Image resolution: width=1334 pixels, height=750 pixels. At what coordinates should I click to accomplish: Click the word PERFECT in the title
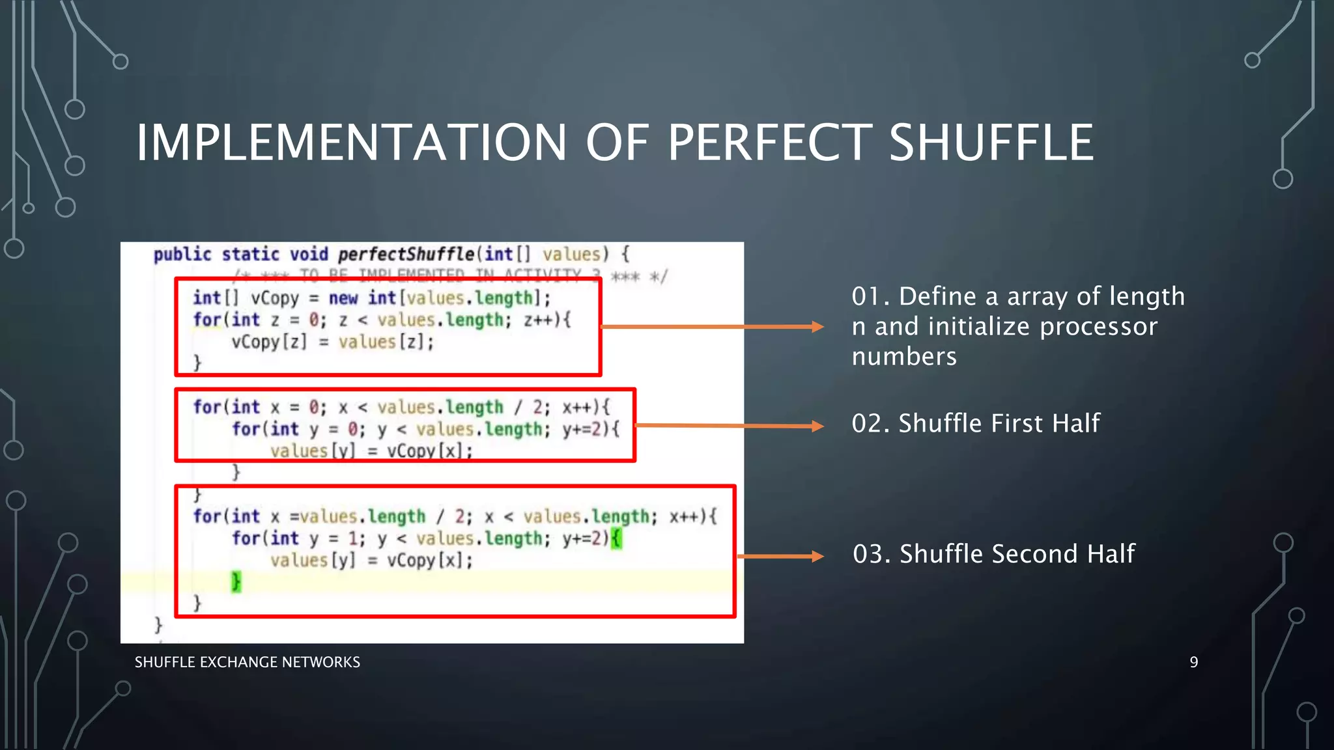pos(769,143)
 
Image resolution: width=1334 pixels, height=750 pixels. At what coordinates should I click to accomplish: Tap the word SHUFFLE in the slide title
pos(991,143)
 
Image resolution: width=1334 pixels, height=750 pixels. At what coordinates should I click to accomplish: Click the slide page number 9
pos(1193,662)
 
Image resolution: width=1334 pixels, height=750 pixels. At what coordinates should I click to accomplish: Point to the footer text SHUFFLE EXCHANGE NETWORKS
pos(247,662)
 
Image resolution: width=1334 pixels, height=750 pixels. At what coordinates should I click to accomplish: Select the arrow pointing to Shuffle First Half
pos(729,426)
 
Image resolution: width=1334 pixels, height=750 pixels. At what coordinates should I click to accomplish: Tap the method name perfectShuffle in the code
pos(406,254)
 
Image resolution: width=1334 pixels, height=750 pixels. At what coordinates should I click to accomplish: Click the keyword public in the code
pos(182,254)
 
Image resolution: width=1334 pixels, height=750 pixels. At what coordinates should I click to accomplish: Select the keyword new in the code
pos(343,298)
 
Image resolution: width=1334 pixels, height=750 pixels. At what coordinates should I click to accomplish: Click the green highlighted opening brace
pos(616,538)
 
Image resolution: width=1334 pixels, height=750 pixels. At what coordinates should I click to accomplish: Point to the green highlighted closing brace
pos(236,581)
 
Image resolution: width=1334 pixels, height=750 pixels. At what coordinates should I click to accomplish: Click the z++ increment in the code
pos(538,320)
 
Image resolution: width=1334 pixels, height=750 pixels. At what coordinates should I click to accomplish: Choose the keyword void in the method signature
pos(309,254)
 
